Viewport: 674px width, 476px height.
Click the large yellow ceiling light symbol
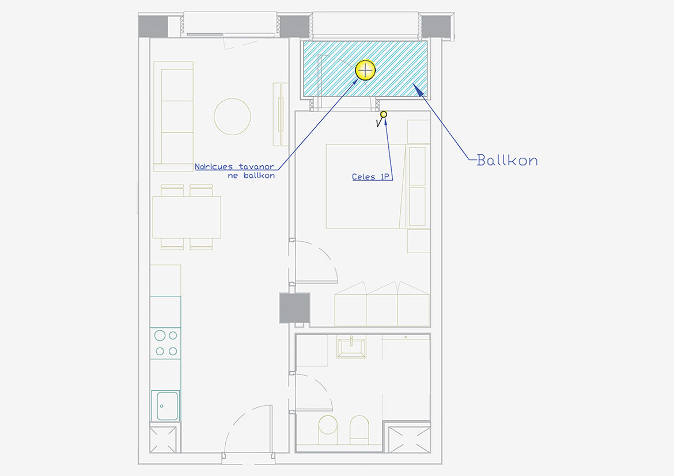[365, 70]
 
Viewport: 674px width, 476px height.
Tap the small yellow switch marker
[384, 115]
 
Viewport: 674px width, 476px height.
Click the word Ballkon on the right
[507, 160]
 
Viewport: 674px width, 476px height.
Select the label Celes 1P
[370, 177]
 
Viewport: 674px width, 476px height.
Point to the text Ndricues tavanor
[234, 167]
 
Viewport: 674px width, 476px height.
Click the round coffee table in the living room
[232, 116]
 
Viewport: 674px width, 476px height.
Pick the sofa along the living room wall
[173, 116]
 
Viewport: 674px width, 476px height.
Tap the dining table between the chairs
[187, 217]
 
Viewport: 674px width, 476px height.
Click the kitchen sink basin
[167, 406]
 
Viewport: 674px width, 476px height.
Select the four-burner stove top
[165, 343]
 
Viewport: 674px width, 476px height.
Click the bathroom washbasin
[351, 347]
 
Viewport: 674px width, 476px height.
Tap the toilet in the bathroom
[328, 429]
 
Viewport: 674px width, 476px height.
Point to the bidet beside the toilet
[359, 429]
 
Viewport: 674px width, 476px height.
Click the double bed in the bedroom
[366, 186]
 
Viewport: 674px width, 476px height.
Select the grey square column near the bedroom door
[294, 308]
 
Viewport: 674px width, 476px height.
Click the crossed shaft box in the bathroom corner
[409, 439]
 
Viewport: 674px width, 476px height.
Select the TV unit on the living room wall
[281, 115]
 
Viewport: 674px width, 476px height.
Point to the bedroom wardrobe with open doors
[382, 304]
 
